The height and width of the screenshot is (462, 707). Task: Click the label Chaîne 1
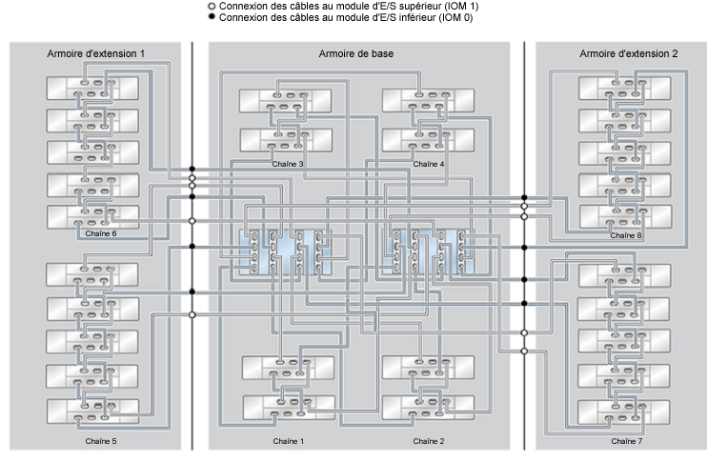pyautogui.click(x=288, y=441)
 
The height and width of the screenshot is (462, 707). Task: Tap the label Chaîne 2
pyautogui.click(x=429, y=441)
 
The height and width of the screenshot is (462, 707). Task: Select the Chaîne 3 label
pyautogui.click(x=288, y=164)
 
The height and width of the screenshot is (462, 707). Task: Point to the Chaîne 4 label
pyautogui.click(x=429, y=164)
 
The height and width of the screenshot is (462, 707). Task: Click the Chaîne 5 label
pyautogui.click(x=101, y=441)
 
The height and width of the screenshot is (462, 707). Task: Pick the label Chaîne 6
pyautogui.click(x=101, y=233)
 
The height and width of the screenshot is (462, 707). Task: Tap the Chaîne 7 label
pyautogui.click(x=627, y=441)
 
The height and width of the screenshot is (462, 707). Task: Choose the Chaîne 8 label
pyautogui.click(x=626, y=235)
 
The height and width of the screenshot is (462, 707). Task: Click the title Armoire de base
pyautogui.click(x=356, y=53)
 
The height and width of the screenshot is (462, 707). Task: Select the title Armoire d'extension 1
pyautogui.click(x=96, y=53)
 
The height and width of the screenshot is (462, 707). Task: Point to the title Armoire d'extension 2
pyautogui.click(x=629, y=53)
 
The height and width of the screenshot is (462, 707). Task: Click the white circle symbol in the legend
pyautogui.click(x=212, y=7)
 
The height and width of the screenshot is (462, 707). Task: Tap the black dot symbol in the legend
pyautogui.click(x=212, y=17)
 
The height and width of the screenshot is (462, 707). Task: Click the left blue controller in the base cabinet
pyautogui.click(x=285, y=252)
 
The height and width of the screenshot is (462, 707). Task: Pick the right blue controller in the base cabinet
pyautogui.click(x=428, y=252)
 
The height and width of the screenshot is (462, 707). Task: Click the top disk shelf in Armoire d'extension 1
pyautogui.click(x=92, y=89)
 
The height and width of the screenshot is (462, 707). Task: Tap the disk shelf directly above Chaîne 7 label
pyautogui.click(x=623, y=412)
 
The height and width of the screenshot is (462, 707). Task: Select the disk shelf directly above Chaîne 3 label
pyautogui.click(x=286, y=140)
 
